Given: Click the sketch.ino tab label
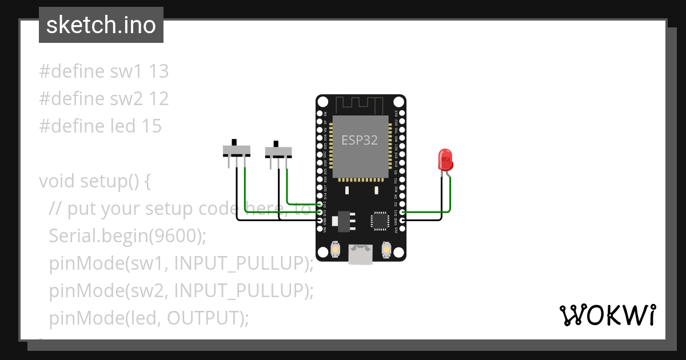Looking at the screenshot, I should (x=101, y=25).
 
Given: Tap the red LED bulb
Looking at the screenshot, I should (x=445, y=160).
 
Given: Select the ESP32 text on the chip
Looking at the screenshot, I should (x=360, y=140).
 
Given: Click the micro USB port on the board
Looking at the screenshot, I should (x=361, y=254).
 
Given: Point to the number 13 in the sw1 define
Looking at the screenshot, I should (x=159, y=71).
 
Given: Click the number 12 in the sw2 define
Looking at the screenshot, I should (x=159, y=99).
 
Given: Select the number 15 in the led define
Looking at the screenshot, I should (x=151, y=126).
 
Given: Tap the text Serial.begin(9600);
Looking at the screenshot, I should (x=127, y=235).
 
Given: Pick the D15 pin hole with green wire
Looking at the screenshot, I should (x=402, y=212).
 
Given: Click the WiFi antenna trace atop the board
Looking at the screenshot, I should (x=360, y=105).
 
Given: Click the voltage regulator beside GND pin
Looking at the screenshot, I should (x=344, y=221).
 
